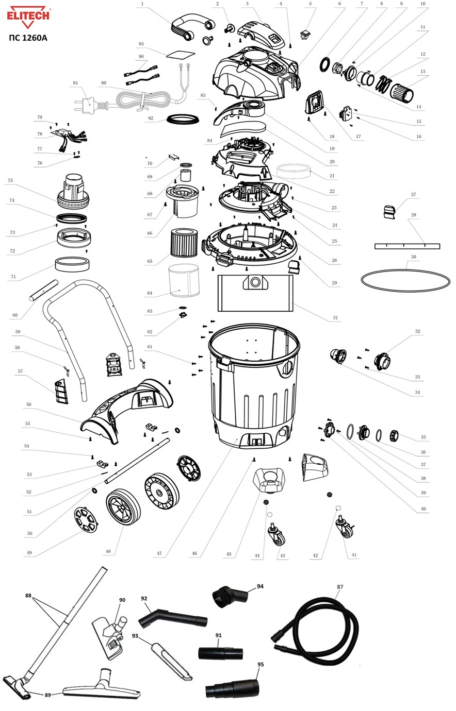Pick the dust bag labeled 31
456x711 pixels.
click(255, 293)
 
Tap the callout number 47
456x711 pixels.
click(159, 554)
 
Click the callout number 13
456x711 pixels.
click(422, 71)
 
